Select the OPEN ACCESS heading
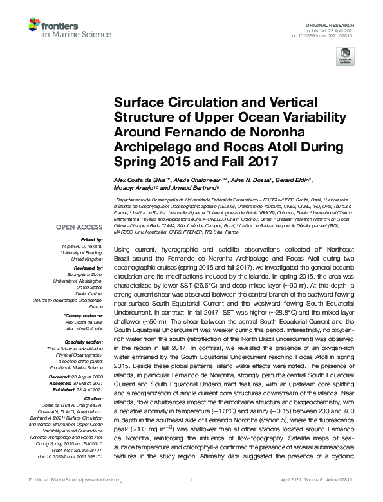(79, 227)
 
